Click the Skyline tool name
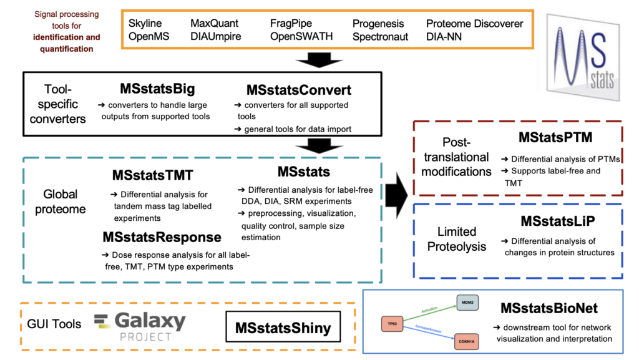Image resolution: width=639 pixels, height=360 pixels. coord(145,24)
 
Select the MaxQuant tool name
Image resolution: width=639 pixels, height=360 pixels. coord(215,24)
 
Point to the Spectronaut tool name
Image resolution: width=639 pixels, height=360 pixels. coord(380,36)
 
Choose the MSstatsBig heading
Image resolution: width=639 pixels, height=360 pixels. coord(154,90)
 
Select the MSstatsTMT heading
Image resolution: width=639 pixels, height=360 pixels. coord(153,176)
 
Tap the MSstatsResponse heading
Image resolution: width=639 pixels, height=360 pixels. coord(162,237)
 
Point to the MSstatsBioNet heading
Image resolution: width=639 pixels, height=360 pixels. coord(549,308)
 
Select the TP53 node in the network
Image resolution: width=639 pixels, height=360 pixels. coord(391,324)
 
